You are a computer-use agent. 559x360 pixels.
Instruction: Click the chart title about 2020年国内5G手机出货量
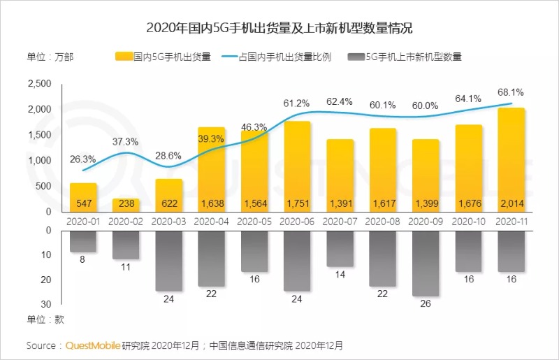pyautogui.click(x=279, y=28)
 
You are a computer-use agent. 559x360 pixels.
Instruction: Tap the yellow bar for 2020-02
pyautogui.click(x=126, y=204)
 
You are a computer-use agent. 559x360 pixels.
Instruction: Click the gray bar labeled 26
pyautogui.click(x=425, y=263)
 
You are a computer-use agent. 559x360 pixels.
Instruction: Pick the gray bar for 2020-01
pyautogui.click(x=83, y=241)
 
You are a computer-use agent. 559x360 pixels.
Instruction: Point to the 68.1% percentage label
pyautogui.click(x=511, y=92)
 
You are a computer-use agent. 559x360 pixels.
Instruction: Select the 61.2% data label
pyautogui.click(x=297, y=103)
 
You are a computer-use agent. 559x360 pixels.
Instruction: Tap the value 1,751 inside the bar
pyautogui.click(x=297, y=203)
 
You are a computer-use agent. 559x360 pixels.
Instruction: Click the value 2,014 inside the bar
pyautogui.click(x=511, y=203)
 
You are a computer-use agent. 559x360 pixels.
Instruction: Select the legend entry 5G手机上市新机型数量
pyautogui.click(x=406, y=57)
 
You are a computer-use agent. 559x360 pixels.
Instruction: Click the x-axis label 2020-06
pyautogui.click(x=297, y=221)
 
